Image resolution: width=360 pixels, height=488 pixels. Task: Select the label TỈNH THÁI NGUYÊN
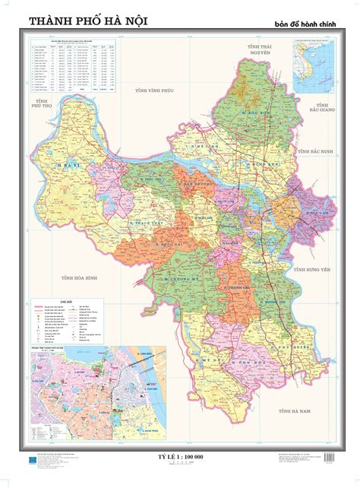pyautogui.click(x=253, y=50)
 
